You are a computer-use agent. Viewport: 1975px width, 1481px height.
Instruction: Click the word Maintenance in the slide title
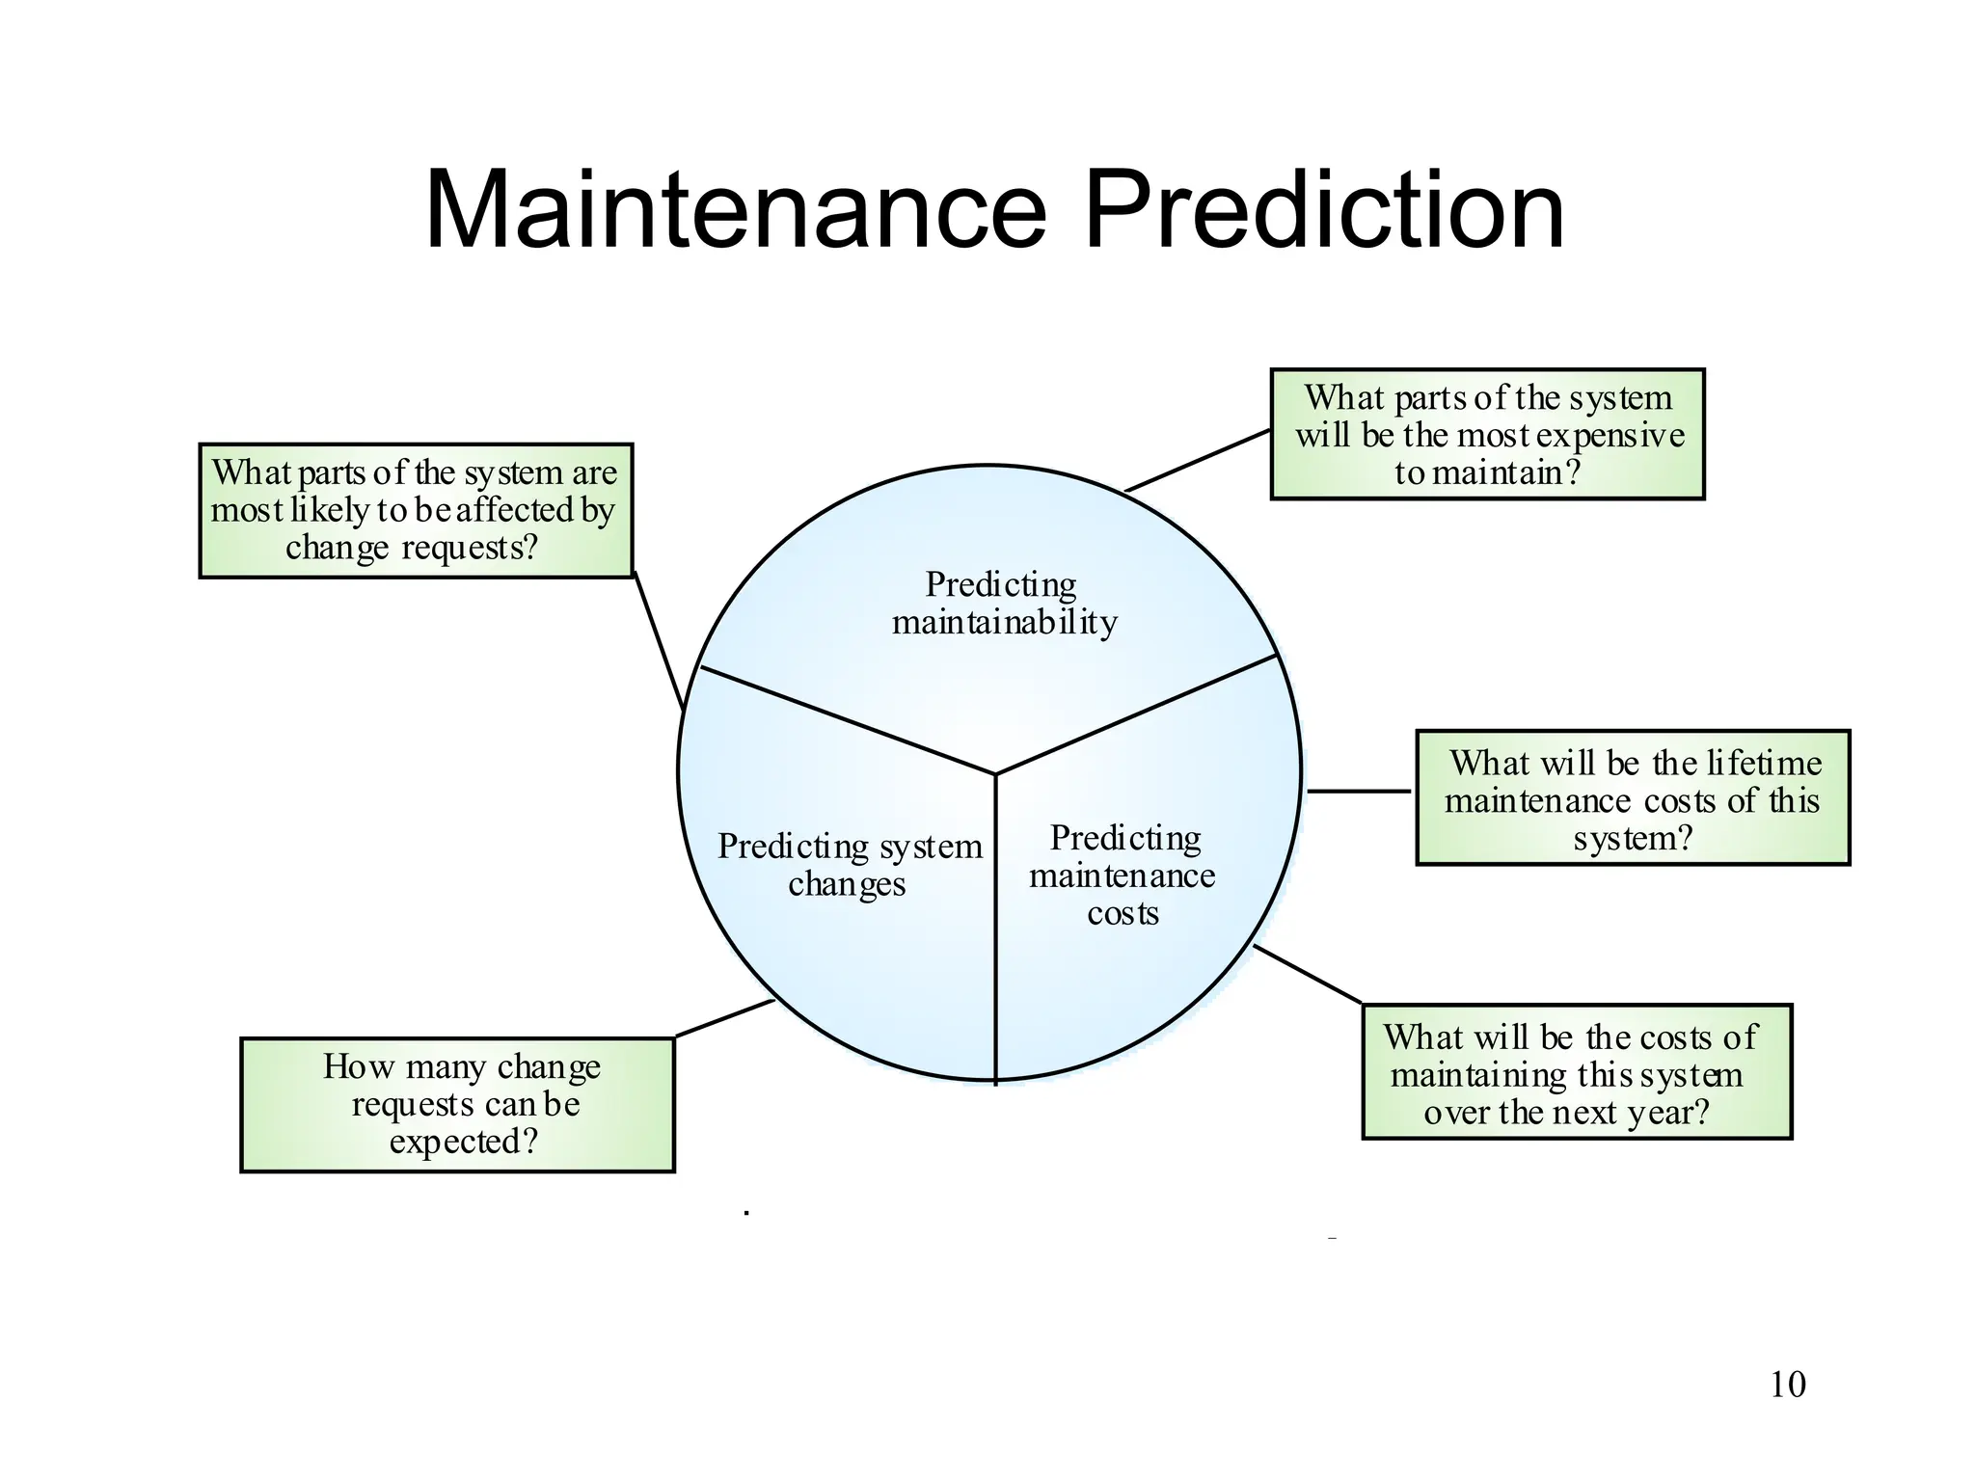735,210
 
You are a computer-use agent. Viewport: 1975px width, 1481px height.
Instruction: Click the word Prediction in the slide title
1323,210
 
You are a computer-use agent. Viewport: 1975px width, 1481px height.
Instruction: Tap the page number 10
1787,1385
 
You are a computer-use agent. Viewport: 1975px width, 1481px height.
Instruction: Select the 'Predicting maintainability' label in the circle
1003,604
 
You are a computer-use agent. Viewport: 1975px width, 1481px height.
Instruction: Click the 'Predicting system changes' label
849,865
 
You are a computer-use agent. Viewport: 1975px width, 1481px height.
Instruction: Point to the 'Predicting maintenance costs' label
1123,875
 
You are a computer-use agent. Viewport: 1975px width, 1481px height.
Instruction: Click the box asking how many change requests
457,1105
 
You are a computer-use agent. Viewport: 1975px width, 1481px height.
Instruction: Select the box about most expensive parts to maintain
1487,435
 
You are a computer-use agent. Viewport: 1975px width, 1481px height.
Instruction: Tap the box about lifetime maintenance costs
1633,798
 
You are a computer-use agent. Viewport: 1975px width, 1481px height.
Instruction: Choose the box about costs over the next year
1577,1072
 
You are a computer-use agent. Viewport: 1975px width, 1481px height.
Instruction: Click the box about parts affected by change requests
416,511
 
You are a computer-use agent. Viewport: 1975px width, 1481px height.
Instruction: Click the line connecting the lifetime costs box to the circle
1359,791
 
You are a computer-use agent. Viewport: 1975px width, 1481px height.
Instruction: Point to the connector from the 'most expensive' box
1198,461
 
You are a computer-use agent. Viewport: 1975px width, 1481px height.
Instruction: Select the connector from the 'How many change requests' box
724,1018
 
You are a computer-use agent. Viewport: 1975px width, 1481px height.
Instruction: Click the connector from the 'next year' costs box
1308,974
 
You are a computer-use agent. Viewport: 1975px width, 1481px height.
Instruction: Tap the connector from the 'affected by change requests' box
659,641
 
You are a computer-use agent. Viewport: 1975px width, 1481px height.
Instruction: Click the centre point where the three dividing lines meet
995,773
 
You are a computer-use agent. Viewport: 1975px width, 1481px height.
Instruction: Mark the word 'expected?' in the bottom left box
463,1142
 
